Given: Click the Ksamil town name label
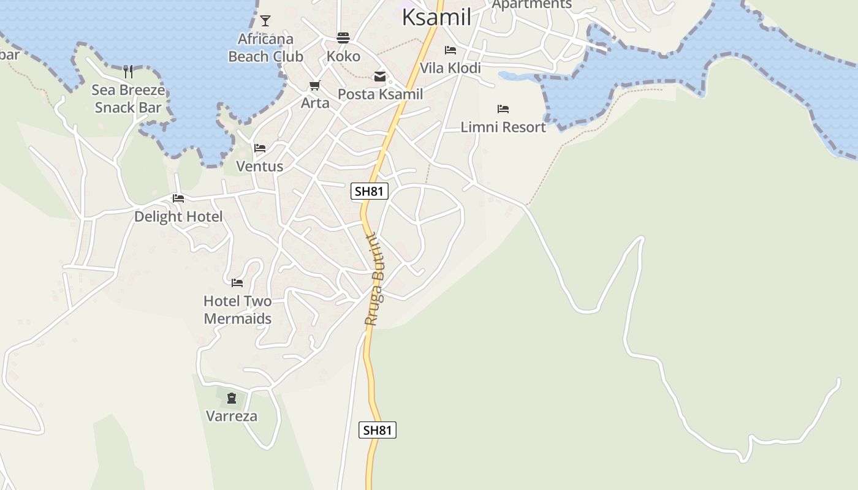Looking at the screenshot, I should [x=436, y=17].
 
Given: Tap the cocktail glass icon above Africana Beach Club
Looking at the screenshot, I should [x=265, y=21].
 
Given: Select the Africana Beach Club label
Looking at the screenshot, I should [x=265, y=48].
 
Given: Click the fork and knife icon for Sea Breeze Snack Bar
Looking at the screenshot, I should [x=128, y=72].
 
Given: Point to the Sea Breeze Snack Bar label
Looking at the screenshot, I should [x=128, y=99].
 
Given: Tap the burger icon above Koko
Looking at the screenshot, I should [x=343, y=39].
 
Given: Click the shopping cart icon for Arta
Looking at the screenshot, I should [x=315, y=86].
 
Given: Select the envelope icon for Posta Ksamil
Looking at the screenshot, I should [x=380, y=77].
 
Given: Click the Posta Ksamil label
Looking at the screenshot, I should [x=380, y=94].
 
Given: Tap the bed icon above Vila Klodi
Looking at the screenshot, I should [x=450, y=50].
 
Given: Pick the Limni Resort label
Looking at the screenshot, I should [x=503, y=127].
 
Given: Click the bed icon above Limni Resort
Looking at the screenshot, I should [x=503, y=109].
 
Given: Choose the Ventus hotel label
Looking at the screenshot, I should [x=260, y=166].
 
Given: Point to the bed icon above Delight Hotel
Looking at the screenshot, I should [x=178, y=198].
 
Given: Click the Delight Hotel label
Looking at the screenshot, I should [x=178, y=216].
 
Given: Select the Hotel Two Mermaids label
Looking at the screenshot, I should [x=237, y=309].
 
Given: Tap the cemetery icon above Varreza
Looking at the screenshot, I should [x=231, y=399].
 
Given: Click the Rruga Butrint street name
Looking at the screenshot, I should [x=374, y=279].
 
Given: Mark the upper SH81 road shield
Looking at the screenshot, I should [x=370, y=191].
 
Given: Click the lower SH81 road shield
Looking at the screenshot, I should [x=377, y=430].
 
